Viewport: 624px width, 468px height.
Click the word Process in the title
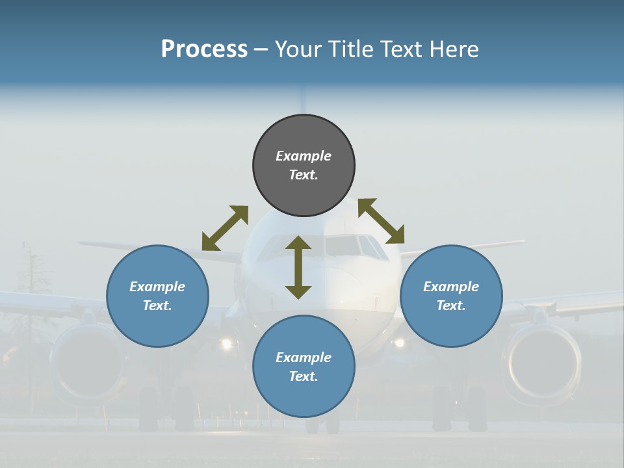[204, 49]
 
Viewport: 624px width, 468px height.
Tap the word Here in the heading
[452, 49]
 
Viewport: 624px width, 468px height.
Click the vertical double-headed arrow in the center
[298, 268]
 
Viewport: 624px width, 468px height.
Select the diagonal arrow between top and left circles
[225, 228]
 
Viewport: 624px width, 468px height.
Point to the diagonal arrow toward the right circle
[382, 221]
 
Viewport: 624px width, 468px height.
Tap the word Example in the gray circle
[304, 156]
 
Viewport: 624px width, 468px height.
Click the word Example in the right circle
[451, 287]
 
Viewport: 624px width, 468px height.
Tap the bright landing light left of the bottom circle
[227, 343]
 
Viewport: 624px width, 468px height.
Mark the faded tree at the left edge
[31, 273]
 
